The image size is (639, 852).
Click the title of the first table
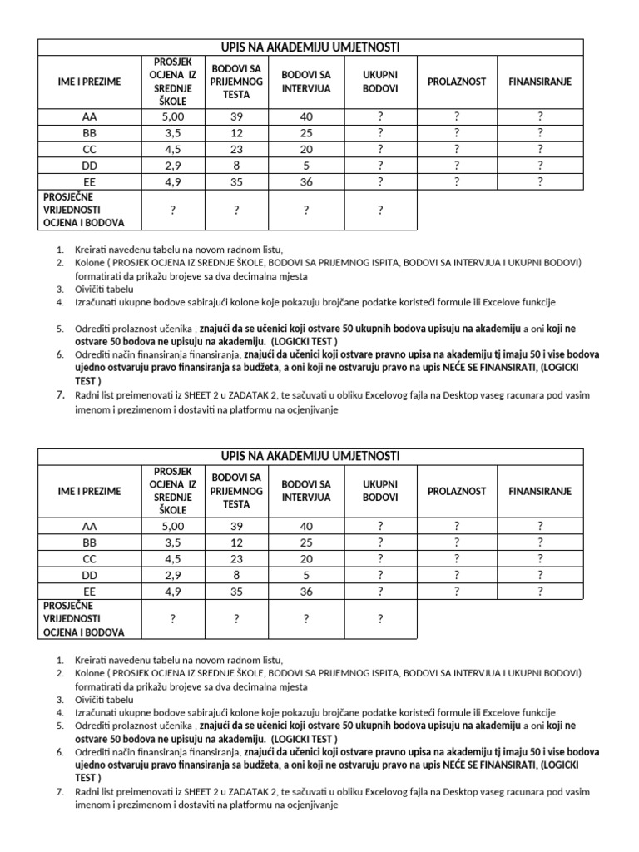pyautogui.click(x=310, y=47)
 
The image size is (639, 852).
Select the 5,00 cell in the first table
pyautogui.click(x=173, y=116)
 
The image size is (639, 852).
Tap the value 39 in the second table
pyautogui.click(x=236, y=526)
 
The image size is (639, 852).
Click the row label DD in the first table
pyautogui.click(x=90, y=166)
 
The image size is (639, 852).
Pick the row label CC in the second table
pyautogui.click(x=90, y=558)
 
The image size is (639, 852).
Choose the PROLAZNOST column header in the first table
pyautogui.click(x=457, y=82)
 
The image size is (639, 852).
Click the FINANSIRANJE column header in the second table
pyautogui.click(x=540, y=491)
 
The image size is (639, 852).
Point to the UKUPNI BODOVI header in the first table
pyautogui.click(x=380, y=82)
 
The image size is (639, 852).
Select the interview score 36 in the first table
pyautogui.click(x=306, y=181)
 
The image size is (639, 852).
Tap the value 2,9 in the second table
pyautogui.click(x=173, y=575)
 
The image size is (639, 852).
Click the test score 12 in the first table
pyautogui.click(x=236, y=133)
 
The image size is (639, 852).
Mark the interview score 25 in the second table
pyautogui.click(x=306, y=542)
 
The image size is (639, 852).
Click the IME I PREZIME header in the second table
pyautogui.click(x=90, y=491)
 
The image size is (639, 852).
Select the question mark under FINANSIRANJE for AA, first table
pyautogui.click(x=540, y=116)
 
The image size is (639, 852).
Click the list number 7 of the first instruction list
pyautogui.click(x=60, y=395)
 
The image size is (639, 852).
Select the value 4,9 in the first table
pyautogui.click(x=173, y=181)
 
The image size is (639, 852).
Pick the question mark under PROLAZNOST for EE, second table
pyautogui.click(x=457, y=591)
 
